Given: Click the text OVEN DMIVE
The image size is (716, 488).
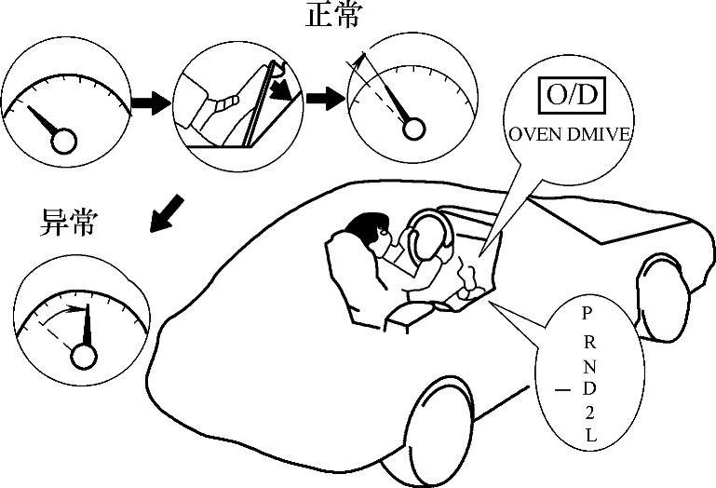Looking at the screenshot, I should (569, 133).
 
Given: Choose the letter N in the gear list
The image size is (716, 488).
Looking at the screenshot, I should (588, 361).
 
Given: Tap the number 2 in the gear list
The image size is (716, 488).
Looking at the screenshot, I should (588, 411).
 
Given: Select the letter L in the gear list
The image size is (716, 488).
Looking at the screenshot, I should (588, 435).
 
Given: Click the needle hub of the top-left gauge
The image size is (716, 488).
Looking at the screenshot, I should (63, 141).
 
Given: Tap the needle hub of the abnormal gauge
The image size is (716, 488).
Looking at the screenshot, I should (85, 356).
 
